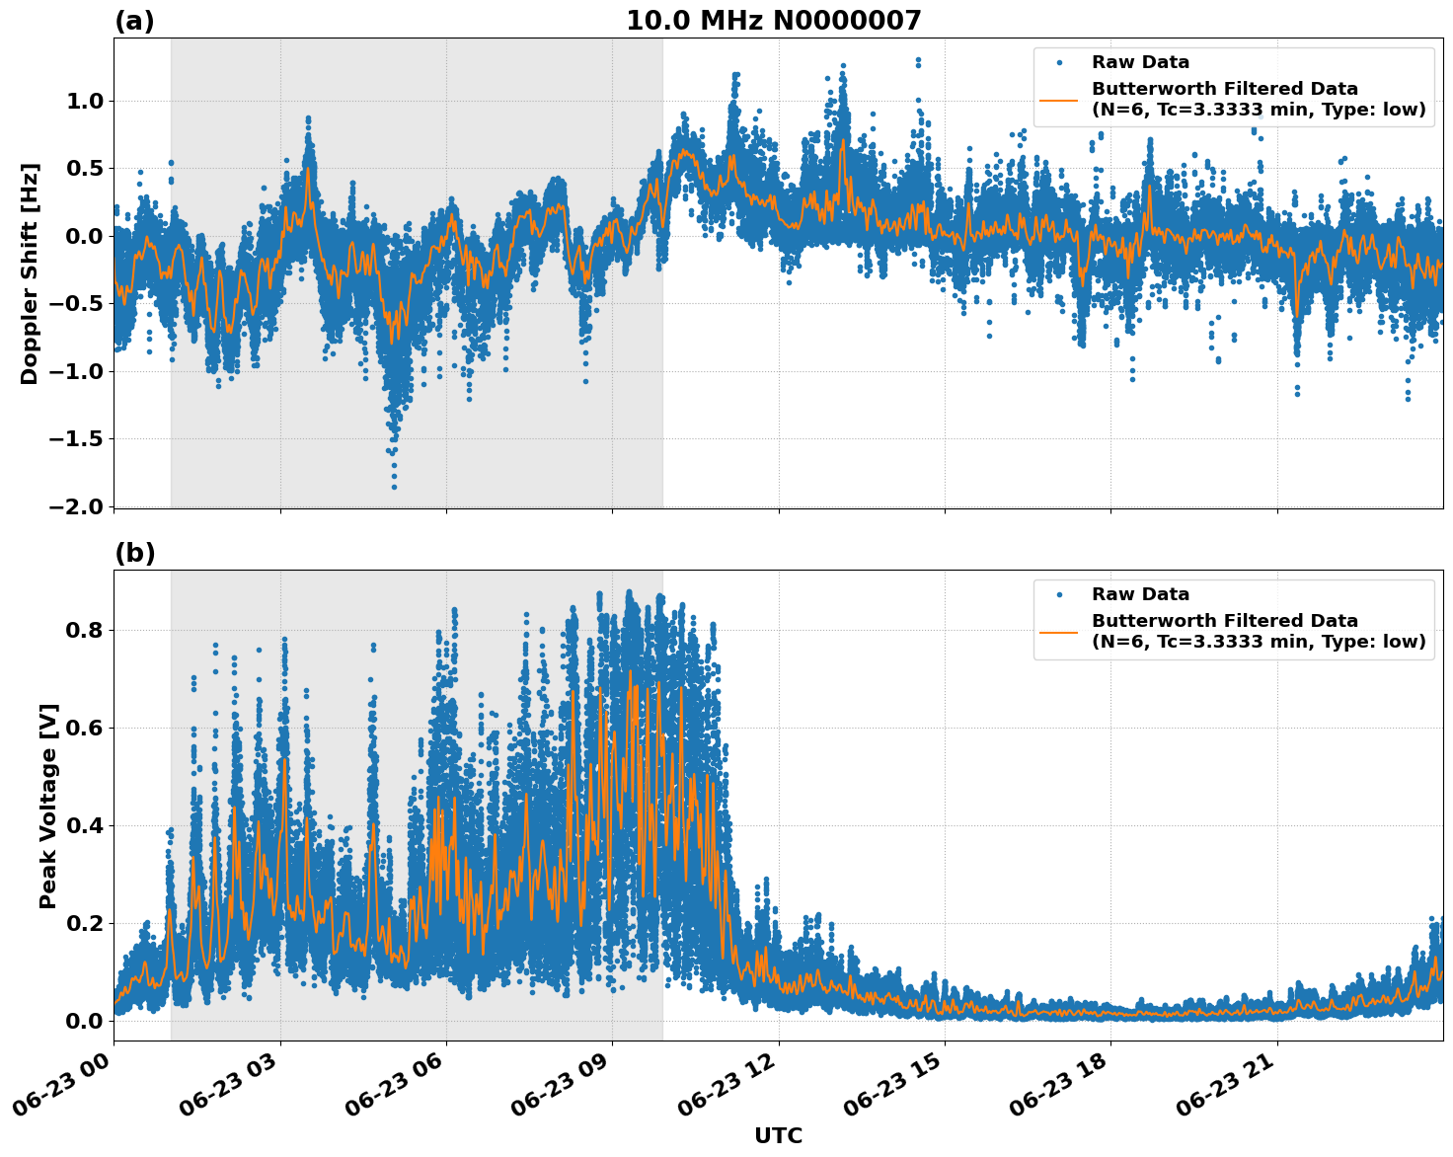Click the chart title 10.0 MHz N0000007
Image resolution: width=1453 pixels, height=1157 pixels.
[x=773, y=21]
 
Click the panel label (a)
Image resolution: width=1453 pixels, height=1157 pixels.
[x=134, y=21]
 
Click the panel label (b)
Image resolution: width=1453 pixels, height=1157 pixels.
[x=134, y=553]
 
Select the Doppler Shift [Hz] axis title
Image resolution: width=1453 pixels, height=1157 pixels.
[x=30, y=273]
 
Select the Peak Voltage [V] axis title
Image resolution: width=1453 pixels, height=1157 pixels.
[x=47, y=806]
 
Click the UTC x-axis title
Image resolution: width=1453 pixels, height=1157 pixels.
[x=778, y=1135]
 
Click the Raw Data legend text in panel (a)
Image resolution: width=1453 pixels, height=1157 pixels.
[x=1140, y=62]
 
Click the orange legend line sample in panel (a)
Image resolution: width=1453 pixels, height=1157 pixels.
[x=1058, y=100]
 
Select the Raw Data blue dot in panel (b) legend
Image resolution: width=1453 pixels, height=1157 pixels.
[x=1058, y=594]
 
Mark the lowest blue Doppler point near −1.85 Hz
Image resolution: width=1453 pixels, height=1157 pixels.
[x=394, y=487]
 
